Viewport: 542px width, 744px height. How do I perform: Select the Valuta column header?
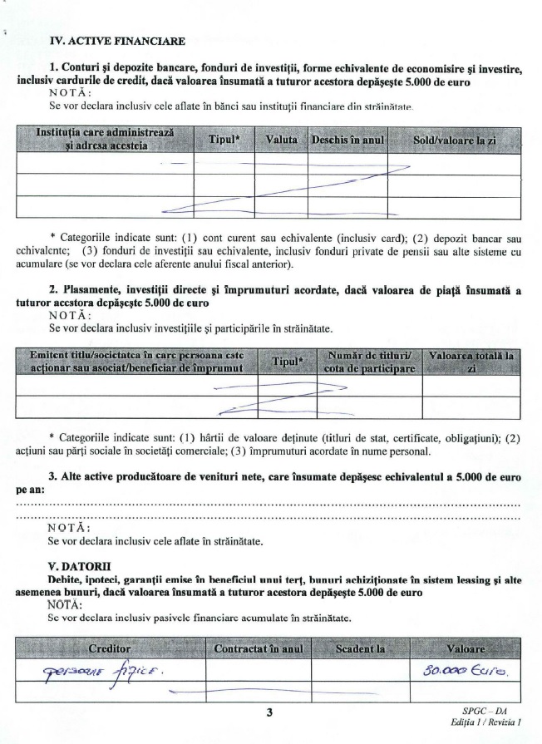tap(281, 140)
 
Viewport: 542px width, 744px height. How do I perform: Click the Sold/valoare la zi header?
tap(454, 140)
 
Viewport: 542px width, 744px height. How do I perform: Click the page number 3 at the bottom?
tap(270, 712)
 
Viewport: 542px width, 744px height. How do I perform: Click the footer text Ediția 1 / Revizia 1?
tap(483, 723)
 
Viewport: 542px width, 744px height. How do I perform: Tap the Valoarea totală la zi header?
tap(471, 361)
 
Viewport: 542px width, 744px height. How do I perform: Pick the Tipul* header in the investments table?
tap(288, 362)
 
